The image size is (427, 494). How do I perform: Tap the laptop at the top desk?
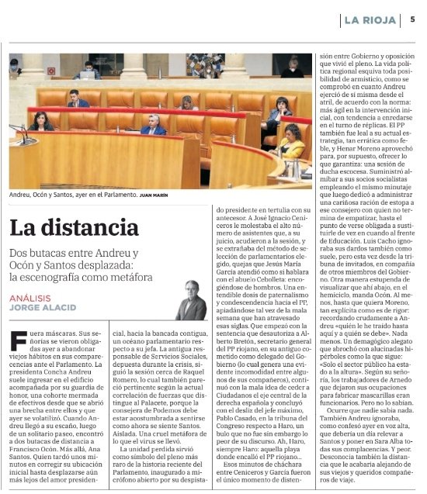point(87,75)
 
